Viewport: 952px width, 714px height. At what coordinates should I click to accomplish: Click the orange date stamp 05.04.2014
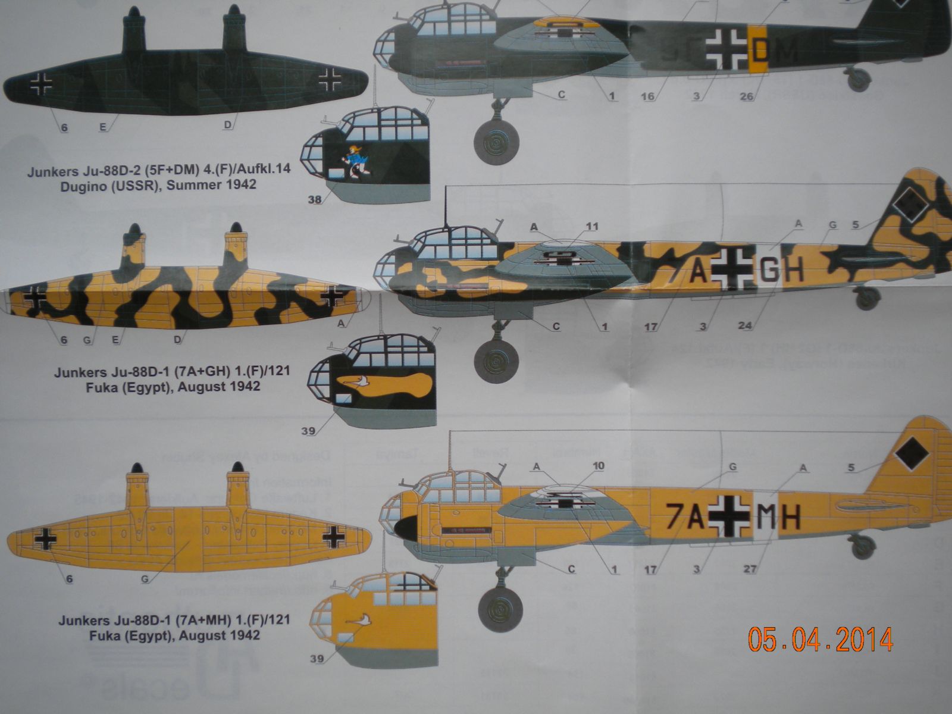(x=821, y=640)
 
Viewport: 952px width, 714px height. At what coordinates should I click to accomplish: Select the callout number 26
(x=747, y=96)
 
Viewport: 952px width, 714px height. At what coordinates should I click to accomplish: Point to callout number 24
(x=745, y=325)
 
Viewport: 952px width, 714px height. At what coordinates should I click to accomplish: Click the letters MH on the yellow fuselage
(x=778, y=516)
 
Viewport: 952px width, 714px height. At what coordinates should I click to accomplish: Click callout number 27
(x=750, y=569)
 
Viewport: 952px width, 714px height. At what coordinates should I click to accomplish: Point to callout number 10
(x=598, y=466)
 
